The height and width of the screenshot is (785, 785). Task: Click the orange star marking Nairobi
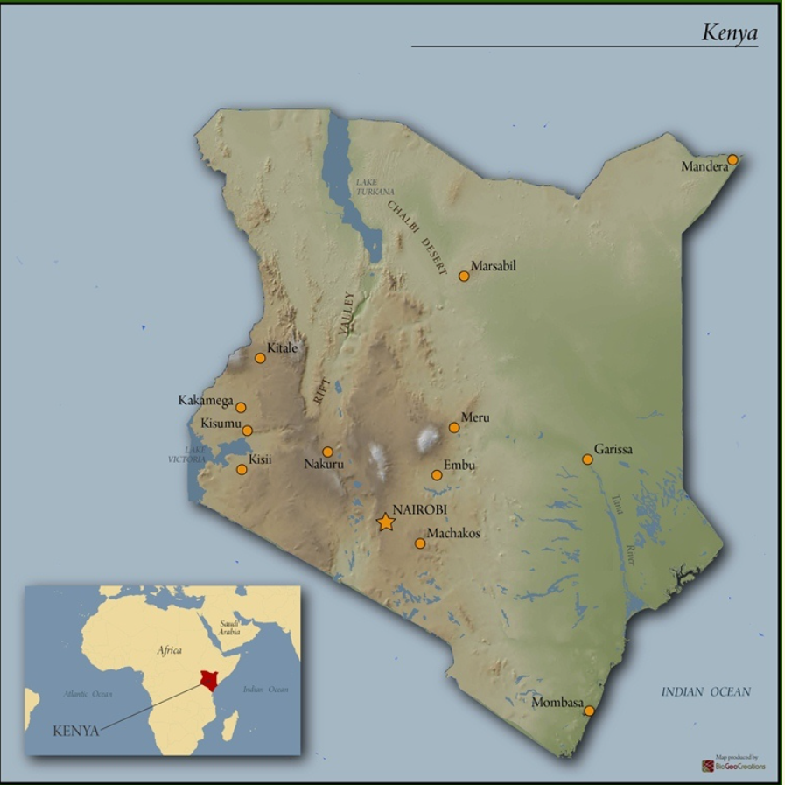386,522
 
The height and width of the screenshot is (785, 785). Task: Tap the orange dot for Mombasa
589,711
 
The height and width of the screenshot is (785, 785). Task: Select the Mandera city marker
732,159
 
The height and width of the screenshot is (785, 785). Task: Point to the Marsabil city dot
464,276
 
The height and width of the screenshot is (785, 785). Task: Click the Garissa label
613,450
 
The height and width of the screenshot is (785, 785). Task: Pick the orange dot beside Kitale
260,358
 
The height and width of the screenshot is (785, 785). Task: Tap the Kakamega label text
206,401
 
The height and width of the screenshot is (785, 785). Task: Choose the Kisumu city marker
248,431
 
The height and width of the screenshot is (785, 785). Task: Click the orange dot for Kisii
242,469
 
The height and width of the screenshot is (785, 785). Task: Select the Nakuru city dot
327,452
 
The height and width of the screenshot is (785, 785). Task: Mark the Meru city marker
453,428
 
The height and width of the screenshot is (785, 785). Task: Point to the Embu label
459,465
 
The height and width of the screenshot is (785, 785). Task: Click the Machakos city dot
420,543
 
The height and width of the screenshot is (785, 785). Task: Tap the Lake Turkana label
375,186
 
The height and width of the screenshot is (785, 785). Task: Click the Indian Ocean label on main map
705,692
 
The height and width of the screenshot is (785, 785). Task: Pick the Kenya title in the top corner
729,33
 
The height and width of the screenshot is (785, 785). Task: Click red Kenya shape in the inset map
208,681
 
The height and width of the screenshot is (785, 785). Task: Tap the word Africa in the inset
169,650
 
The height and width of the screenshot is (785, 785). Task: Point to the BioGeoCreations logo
733,765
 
